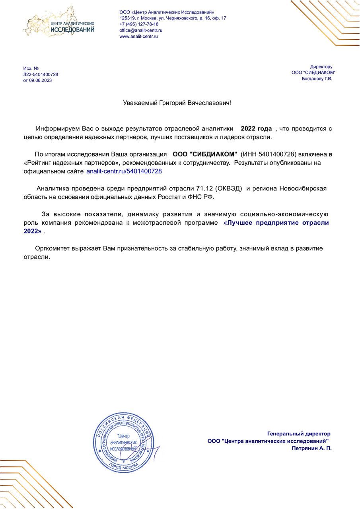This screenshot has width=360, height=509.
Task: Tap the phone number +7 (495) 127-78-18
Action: tap(139, 24)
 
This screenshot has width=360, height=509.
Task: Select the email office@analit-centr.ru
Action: tap(141, 30)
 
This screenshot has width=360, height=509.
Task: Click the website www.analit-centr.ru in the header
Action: tap(139, 36)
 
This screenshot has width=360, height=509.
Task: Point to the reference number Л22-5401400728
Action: tap(41, 74)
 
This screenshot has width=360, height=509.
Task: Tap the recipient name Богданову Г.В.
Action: tap(317, 79)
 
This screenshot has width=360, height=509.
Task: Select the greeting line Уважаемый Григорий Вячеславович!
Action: tap(177, 103)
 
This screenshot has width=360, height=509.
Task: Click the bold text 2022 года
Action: tap(256, 129)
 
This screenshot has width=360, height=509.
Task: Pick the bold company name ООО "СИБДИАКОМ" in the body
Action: tap(205, 154)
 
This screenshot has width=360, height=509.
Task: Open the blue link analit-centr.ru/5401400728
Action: tap(124, 171)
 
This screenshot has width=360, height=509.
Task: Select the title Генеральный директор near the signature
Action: tap(299, 434)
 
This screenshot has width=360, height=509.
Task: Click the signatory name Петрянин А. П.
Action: tap(311, 448)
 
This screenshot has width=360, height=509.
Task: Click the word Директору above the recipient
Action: tap(321, 67)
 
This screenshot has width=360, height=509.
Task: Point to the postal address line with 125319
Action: tap(173, 18)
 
